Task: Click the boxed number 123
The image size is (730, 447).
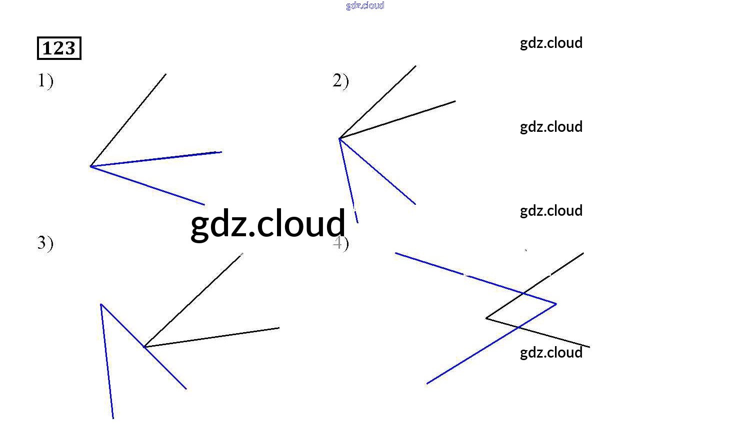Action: tap(59, 48)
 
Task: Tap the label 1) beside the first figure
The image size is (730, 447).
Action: tap(45, 80)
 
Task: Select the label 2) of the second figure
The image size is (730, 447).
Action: tap(340, 80)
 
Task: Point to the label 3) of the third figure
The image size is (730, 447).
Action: tap(45, 243)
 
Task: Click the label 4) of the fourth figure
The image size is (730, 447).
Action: tap(340, 243)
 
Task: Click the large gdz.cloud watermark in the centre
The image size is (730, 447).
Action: tap(268, 224)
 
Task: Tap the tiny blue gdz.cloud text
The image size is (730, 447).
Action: tap(365, 5)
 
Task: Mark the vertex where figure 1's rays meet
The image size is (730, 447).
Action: tap(90, 166)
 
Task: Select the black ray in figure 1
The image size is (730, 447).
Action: tap(128, 120)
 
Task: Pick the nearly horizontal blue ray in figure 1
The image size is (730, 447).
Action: tap(156, 159)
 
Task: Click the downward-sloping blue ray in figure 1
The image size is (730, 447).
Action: tap(147, 186)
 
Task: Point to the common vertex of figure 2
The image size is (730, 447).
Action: tap(339, 138)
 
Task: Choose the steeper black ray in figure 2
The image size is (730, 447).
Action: tap(377, 102)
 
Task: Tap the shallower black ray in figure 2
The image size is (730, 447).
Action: tap(397, 120)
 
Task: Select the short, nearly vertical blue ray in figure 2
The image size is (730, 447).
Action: tap(347, 175)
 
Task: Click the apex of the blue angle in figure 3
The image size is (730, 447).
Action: tap(101, 304)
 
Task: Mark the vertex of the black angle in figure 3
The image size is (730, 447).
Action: tap(144, 347)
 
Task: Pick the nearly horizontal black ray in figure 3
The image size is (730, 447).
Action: tap(211, 337)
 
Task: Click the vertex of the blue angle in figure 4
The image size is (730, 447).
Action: tap(556, 304)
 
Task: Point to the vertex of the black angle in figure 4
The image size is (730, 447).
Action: tap(486, 318)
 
